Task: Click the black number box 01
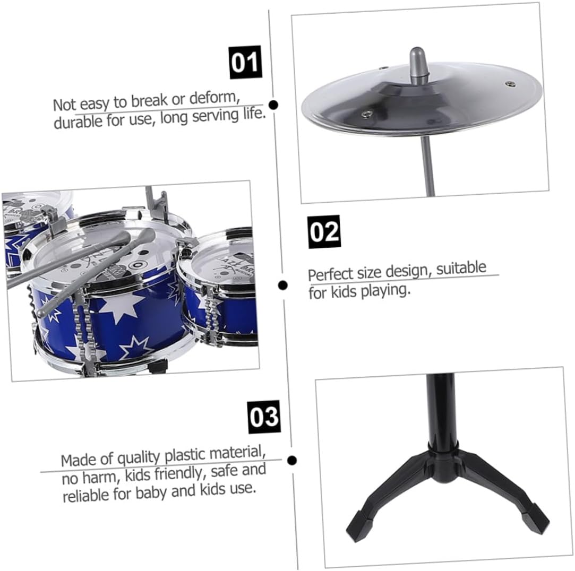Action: click(x=245, y=62)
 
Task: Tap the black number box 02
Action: click(x=324, y=231)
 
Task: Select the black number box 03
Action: click(x=264, y=417)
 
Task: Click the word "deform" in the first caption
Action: click(x=214, y=98)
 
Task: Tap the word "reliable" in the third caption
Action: click(x=85, y=495)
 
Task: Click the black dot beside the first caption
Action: click(x=273, y=105)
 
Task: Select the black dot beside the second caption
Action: click(x=283, y=285)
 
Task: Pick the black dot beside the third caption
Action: click(x=292, y=460)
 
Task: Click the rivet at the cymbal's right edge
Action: click(x=510, y=84)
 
